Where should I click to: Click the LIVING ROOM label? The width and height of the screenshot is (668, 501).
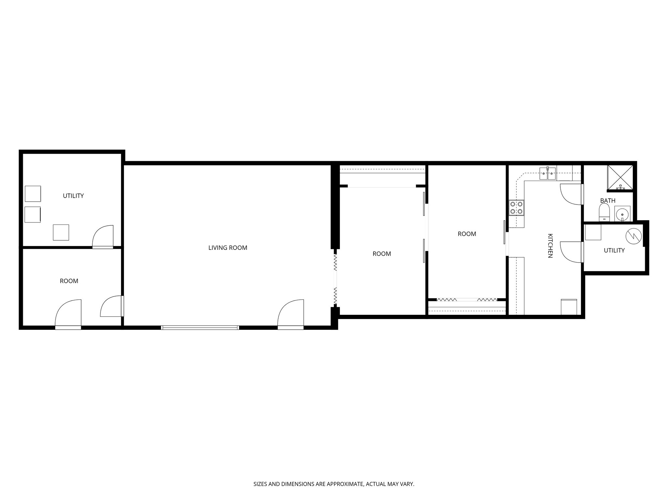pos(228,248)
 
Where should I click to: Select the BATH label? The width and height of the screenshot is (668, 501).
pos(608,201)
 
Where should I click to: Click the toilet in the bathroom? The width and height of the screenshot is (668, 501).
pos(604,212)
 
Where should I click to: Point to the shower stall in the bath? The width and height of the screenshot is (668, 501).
pos(620,177)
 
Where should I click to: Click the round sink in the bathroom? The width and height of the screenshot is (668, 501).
pos(622,214)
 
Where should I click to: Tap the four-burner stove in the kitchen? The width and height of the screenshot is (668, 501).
pos(517,208)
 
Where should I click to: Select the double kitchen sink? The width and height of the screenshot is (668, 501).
pos(547,174)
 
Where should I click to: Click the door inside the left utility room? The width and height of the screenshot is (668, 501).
pos(103,236)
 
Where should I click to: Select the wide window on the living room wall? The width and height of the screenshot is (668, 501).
pos(200,327)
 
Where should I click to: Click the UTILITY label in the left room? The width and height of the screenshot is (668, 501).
pos(73,196)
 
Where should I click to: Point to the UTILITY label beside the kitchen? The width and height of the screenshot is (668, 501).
pos(614,250)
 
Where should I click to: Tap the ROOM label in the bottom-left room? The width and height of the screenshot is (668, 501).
pos(69,281)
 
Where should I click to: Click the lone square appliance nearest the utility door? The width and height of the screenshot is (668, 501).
pos(61,232)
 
